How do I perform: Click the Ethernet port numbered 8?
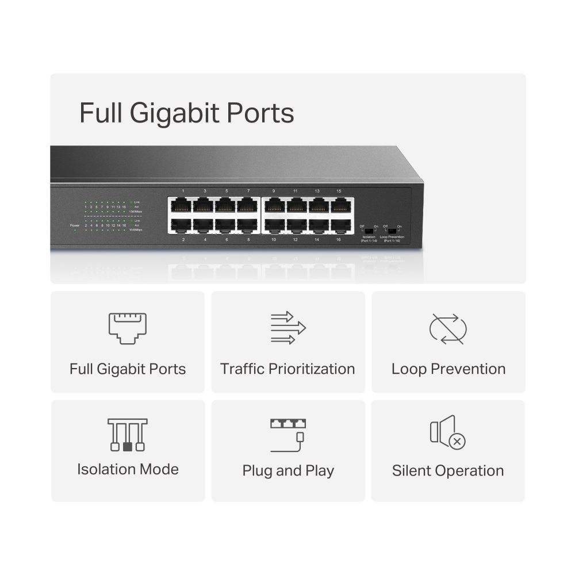(247, 225)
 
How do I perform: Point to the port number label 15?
(339, 190)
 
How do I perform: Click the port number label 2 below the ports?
(183, 239)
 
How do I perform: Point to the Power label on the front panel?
(74, 225)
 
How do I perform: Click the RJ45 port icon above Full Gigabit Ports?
(127, 328)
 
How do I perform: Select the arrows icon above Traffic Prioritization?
(287, 328)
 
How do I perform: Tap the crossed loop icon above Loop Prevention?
(448, 329)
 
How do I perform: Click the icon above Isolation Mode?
(127, 435)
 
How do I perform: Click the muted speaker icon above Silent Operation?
(447, 432)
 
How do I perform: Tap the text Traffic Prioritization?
(287, 369)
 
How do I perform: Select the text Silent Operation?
(448, 470)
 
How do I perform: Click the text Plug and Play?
(287, 471)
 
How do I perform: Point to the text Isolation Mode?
(128, 469)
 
